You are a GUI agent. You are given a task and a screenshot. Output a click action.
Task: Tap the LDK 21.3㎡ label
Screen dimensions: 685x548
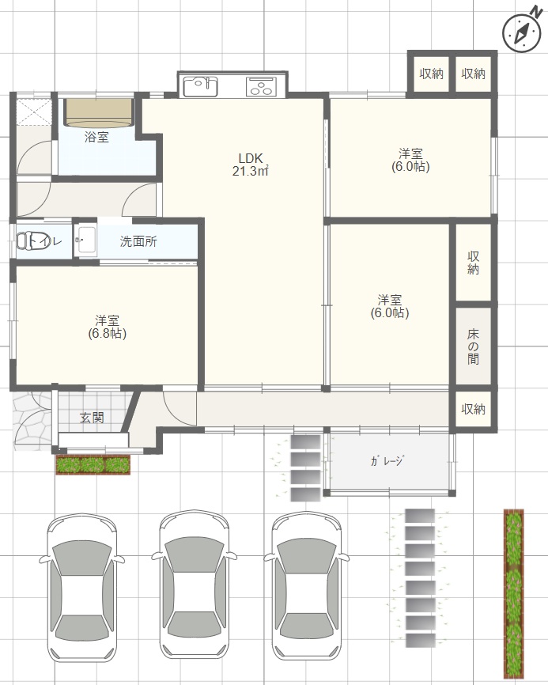(252, 164)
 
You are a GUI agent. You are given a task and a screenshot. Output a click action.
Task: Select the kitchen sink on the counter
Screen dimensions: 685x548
(201, 85)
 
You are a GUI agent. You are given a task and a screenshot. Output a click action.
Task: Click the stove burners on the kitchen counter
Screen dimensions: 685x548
(261, 85)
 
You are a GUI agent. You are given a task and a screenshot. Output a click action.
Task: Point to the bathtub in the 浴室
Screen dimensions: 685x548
(97, 112)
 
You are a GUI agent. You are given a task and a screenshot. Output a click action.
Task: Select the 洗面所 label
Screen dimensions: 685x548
(138, 242)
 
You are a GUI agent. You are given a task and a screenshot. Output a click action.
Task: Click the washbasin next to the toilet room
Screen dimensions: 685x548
(85, 240)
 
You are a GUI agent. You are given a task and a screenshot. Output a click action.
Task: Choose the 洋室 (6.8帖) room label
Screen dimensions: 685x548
(108, 327)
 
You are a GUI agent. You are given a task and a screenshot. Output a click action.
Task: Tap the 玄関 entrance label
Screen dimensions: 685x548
(92, 418)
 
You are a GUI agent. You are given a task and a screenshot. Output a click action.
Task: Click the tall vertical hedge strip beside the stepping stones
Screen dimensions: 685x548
(514, 593)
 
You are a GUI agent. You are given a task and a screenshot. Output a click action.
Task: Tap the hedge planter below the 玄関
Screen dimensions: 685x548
(93, 465)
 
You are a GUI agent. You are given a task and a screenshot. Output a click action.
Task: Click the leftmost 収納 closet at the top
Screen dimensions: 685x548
(431, 74)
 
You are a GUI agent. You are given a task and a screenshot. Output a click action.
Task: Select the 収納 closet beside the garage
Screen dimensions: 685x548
(473, 409)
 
